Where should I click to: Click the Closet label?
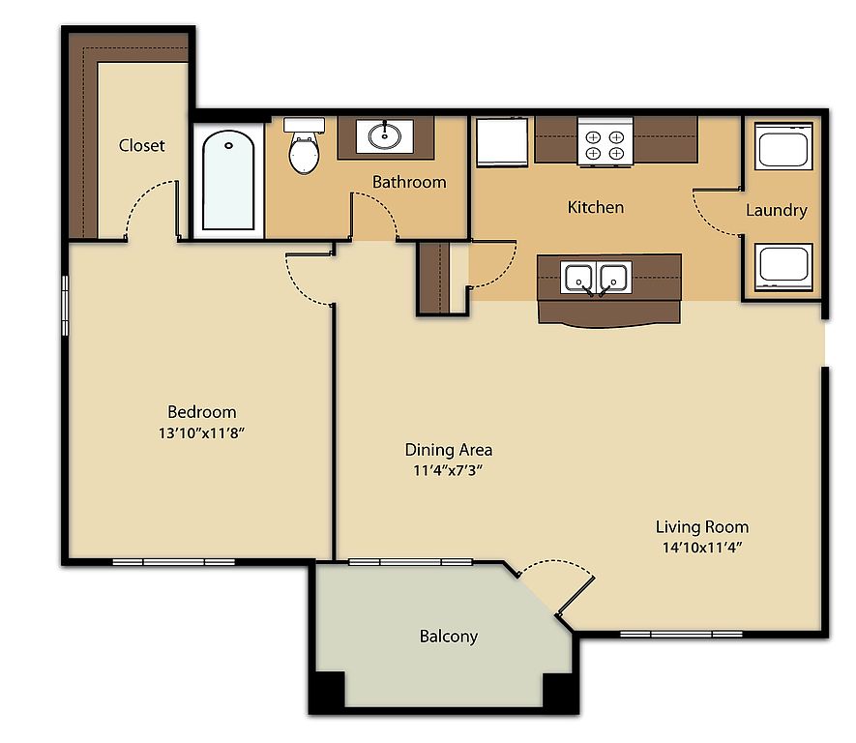141,145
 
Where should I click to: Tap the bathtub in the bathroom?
228,180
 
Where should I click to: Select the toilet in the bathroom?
304,145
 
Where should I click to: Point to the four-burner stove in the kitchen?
605,141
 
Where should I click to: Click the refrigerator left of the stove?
502,141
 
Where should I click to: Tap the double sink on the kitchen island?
596,277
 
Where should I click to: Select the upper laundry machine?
783,146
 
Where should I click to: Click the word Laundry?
777,210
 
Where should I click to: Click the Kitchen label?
596,207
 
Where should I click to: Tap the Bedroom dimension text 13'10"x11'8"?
201,433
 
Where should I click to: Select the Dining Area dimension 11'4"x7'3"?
448,470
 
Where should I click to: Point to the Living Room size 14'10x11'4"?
702,547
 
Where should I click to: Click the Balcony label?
449,636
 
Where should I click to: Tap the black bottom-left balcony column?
330,690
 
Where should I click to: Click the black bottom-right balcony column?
557,690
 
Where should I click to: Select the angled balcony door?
576,596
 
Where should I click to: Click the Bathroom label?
409,182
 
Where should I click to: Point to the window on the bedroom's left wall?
65,305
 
